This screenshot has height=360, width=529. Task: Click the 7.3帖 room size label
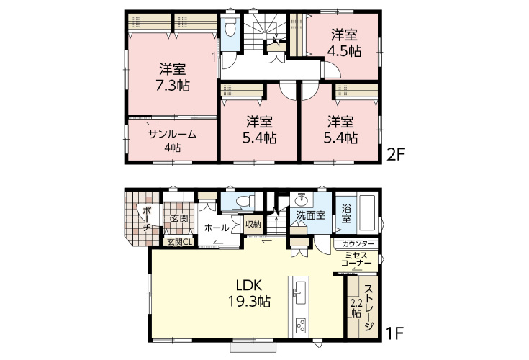click(x=173, y=86)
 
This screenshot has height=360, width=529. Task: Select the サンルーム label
click(x=173, y=135)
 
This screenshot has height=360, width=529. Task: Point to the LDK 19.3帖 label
click(x=249, y=293)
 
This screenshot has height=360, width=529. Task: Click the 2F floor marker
click(x=395, y=155)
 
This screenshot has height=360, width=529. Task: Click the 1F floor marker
click(x=395, y=333)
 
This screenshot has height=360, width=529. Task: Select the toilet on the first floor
click(x=244, y=202)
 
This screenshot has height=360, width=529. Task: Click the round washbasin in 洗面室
click(x=301, y=200)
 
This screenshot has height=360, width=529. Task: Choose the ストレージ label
click(x=369, y=307)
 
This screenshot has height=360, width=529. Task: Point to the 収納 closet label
click(x=253, y=224)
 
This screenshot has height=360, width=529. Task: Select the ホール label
click(x=217, y=228)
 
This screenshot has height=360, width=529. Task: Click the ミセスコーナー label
click(x=356, y=259)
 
